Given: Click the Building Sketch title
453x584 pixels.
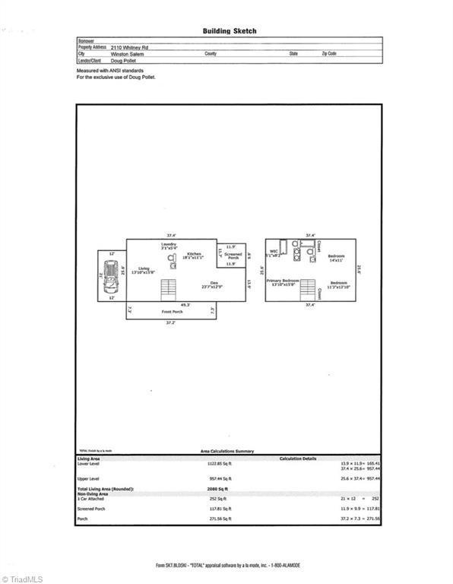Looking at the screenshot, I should (x=229, y=31).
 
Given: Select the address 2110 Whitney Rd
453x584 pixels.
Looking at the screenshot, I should (x=129, y=47).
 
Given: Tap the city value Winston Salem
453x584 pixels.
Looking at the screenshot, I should (x=128, y=54).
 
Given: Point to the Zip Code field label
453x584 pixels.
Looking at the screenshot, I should (x=329, y=54).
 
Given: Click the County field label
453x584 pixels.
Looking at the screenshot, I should (x=211, y=54).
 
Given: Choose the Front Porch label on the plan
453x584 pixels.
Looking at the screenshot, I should (x=172, y=312).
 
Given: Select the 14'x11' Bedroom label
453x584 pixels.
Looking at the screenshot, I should (x=336, y=259).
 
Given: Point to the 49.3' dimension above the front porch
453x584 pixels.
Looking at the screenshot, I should (x=185, y=304).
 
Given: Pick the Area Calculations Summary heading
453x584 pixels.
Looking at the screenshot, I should (x=228, y=450).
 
